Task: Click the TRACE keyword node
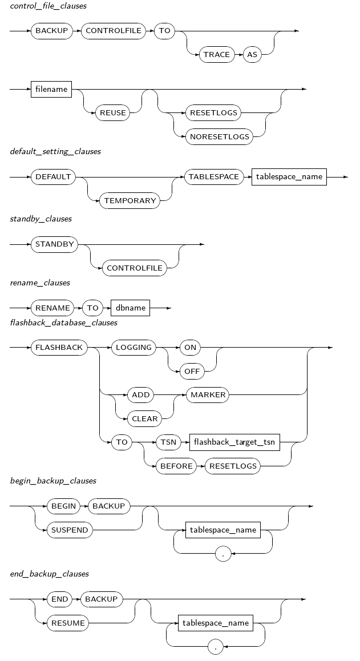point(217,55)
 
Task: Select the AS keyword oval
point(252,55)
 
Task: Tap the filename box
point(51,89)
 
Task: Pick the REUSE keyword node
point(113,113)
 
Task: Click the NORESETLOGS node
point(219,137)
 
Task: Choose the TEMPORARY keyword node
point(130,201)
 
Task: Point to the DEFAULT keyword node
point(54,177)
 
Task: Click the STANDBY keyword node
point(54,244)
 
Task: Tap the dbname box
point(131,308)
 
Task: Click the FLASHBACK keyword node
point(59,347)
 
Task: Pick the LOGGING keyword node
point(134,347)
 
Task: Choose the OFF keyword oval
point(191,371)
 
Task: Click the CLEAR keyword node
point(145,419)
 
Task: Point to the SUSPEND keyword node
point(70,530)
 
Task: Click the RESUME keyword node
point(68,623)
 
